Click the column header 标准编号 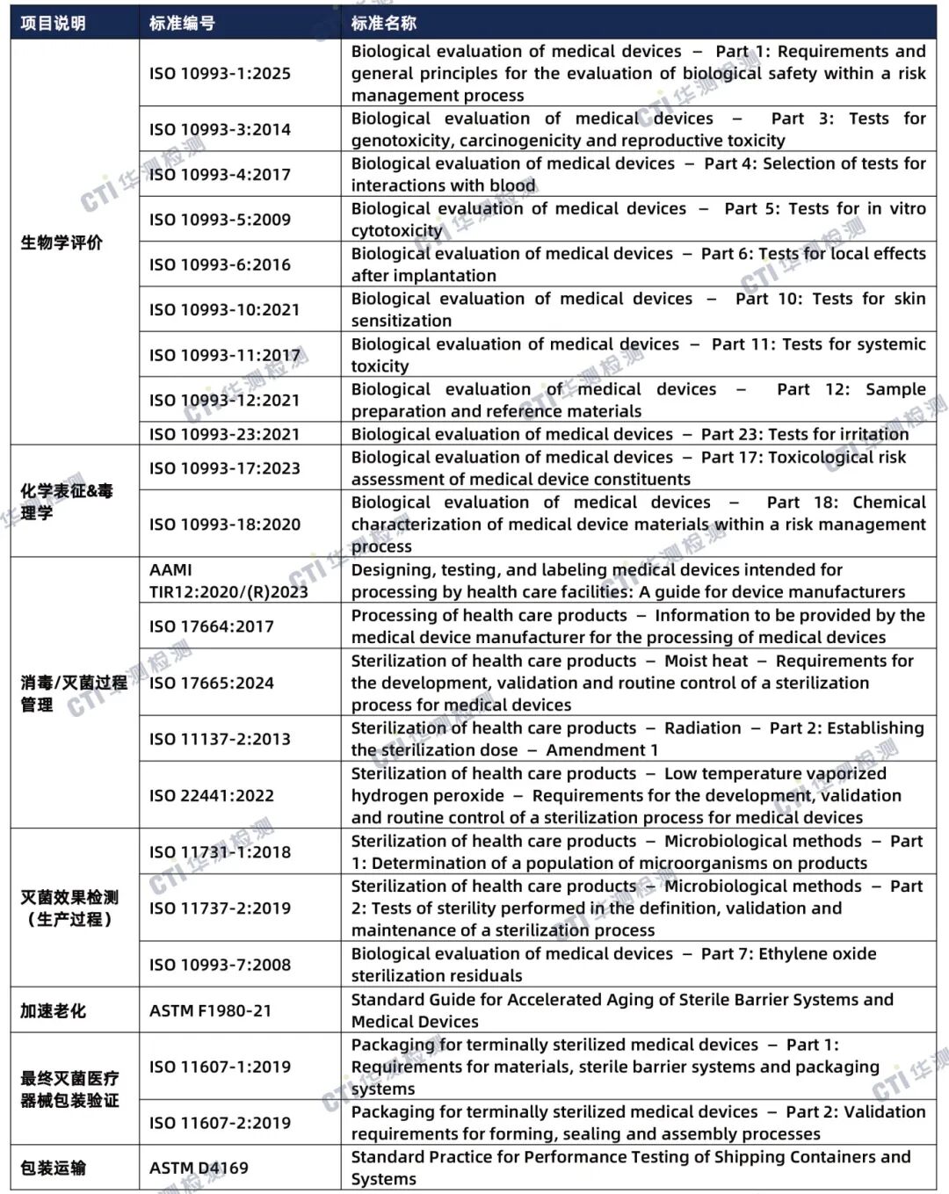tap(182, 24)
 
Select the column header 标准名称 tap(384, 24)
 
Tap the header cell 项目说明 tap(54, 24)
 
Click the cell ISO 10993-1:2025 tap(220, 74)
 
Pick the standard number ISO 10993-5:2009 tap(220, 220)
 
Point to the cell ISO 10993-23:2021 tap(224, 434)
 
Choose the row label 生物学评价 tap(62, 242)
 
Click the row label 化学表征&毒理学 tap(67, 502)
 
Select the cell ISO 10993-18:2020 tap(224, 525)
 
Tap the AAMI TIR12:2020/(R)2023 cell tap(228, 581)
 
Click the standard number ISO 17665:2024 tap(212, 683)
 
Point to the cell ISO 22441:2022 tap(212, 795)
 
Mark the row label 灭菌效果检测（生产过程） tap(69, 908)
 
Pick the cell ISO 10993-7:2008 tap(220, 965)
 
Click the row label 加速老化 tap(54, 1010)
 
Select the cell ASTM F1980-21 tap(210, 1010)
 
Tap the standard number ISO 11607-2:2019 tap(220, 1123)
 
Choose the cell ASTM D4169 tap(199, 1168)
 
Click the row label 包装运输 tap(54, 1168)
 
